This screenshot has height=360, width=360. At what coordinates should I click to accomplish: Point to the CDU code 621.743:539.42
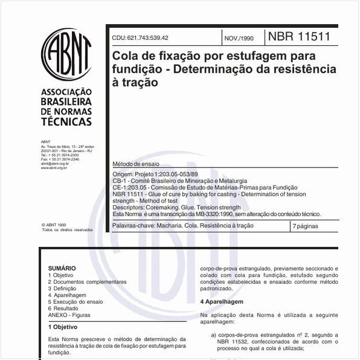pos(140,38)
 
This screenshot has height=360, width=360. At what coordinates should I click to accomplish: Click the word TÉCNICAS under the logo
pos(66,122)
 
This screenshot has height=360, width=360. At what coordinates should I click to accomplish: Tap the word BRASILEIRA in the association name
pos(66,102)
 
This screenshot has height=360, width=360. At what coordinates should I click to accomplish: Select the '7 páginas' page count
pos(306,226)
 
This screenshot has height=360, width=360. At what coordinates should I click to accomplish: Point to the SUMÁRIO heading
pos(62,268)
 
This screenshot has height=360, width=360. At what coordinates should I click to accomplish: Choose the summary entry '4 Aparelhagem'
pos(67,295)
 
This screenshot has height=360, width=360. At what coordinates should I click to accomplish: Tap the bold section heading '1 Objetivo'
pos(62,327)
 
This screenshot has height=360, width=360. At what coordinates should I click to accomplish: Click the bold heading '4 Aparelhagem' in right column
pos(221,301)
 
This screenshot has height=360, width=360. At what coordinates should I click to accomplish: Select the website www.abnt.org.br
pos(54,168)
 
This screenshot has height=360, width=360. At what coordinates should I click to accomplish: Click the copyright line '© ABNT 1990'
pos(54,224)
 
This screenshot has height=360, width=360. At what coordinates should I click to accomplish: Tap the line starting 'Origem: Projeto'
pos(155,174)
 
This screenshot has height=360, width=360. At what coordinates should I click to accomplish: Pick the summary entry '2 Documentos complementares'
pos(87,281)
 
